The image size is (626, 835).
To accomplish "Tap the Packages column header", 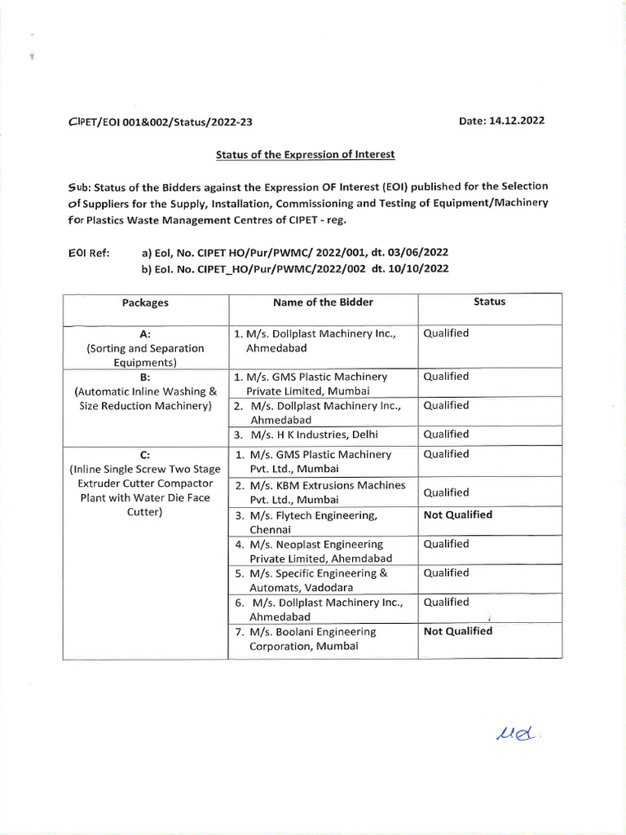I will [x=145, y=303].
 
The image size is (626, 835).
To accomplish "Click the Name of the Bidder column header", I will [x=323, y=302].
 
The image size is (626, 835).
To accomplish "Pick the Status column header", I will [x=489, y=302].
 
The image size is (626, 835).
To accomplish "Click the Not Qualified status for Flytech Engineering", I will [x=458, y=515].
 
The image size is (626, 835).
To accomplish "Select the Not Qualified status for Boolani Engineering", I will [x=458, y=631].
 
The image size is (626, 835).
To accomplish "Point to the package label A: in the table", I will [x=145, y=334].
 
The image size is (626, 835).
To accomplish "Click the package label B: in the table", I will [x=145, y=377].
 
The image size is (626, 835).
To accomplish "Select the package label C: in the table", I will [x=145, y=454].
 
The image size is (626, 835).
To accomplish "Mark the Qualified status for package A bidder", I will [x=446, y=334].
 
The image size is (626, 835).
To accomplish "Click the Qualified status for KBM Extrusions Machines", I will [x=446, y=493].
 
